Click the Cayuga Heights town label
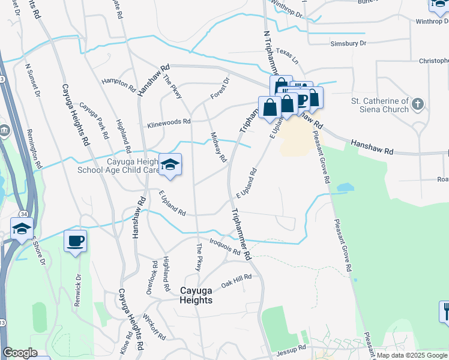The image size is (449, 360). pyautogui.click(x=196, y=295)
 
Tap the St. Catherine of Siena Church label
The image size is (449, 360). pyautogui.click(x=379, y=105)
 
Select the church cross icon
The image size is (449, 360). pyautogui.click(x=418, y=104)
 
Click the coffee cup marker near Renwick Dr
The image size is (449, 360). pyautogui.click(x=75, y=241)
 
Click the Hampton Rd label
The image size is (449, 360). pyautogui.click(x=118, y=83)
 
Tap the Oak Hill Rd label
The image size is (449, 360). pyautogui.click(x=235, y=280)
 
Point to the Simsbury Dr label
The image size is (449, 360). pyautogui.click(x=348, y=44)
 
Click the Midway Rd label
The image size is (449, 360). pyautogui.click(x=218, y=148)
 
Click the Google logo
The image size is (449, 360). pyautogui.click(x=20, y=353)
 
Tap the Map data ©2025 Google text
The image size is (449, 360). pyautogui.click(x=412, y=355)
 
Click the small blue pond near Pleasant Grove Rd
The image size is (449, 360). pyautogui.click(x=345, y=188)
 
